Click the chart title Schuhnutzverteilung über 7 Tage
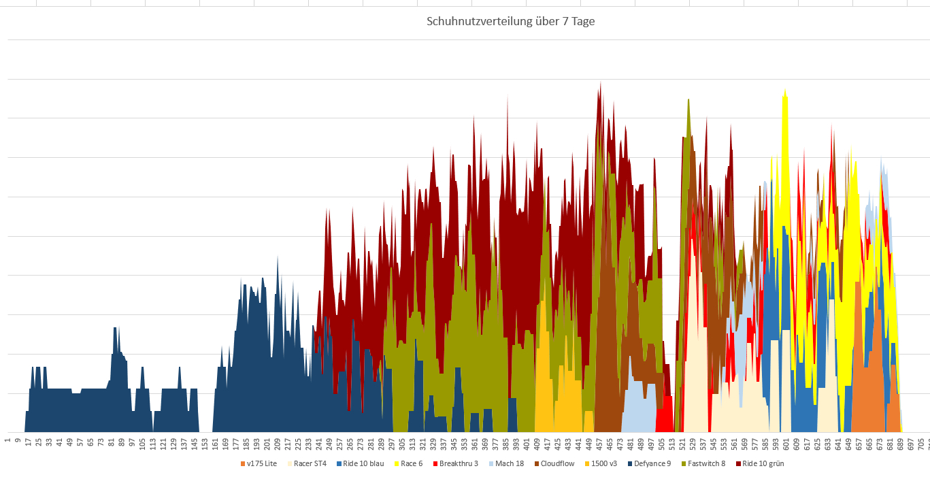(x=510, y=21)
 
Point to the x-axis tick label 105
(x=142, y=444)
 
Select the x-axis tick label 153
(x=205, y=444)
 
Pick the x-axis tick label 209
(x=278, y=444)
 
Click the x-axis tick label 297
(x=392, y=444)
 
